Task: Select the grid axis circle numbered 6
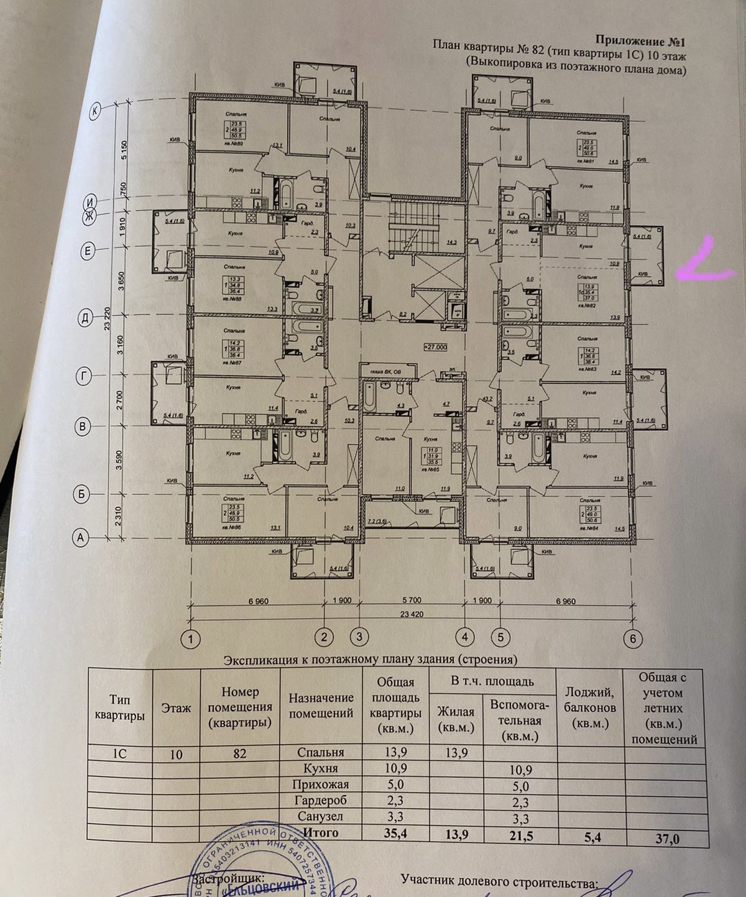[632, 638]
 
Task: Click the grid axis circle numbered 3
[359, 637]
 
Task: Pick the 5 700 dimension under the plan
[412, 600]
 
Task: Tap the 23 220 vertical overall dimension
[108, 318]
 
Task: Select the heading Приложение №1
[640, 42]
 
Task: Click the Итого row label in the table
[320, 832]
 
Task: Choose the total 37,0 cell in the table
[667, 839]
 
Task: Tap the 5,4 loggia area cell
[592, 837]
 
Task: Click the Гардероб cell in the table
[321, 801]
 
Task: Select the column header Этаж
[176, 708]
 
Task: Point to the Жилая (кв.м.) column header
[456, 719]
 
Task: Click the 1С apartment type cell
[119, 753]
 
